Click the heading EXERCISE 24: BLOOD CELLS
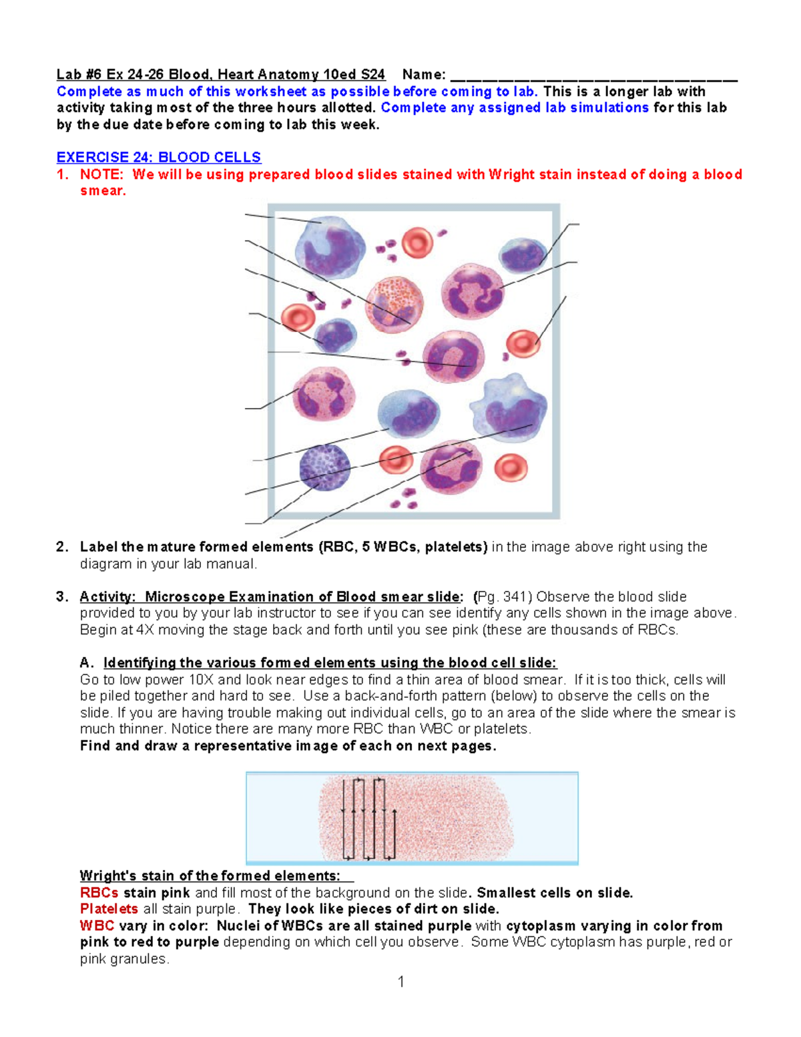click(158, 158)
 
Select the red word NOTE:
click(101, 174)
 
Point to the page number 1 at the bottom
click(400, 981)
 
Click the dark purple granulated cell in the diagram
click(325, 467)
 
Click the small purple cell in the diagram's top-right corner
click(524, 256)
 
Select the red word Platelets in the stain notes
click(109, 909)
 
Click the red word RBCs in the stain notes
click(99, 893)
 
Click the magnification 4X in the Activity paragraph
click(145, 630)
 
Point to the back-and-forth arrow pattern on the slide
click(369, 818)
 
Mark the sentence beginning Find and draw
click(288, 746)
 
